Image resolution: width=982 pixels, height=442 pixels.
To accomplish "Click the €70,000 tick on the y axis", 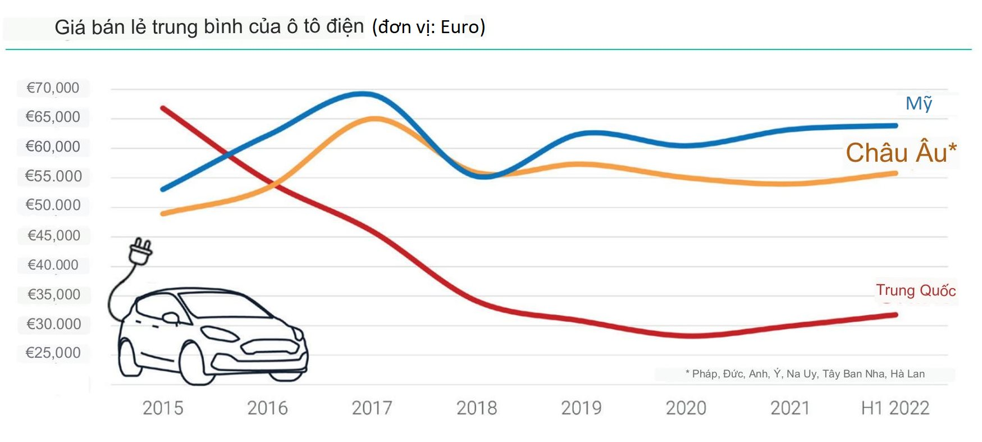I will coord(53,88).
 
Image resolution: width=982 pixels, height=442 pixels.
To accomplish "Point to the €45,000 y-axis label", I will coord(54,235).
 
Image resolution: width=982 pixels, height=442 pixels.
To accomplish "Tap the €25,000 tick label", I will coord(53,353).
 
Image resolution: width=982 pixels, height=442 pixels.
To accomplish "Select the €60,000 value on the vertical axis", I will coord(53,147).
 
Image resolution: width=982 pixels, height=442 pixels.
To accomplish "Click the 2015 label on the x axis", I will coord(163,408).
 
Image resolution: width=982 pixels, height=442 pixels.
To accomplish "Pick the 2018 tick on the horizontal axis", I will coord(477,408).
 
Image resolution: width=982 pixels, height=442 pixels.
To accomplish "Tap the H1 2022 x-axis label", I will coord(895,408).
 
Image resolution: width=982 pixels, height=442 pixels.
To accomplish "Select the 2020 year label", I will coord(686,408).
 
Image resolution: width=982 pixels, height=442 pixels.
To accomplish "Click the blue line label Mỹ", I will coord(919,103).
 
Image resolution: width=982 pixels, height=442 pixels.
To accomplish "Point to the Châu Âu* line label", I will coord(901,153).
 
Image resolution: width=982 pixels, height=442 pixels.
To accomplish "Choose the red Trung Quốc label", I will coord(916,290).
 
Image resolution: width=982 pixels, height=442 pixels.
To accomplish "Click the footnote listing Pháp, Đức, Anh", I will coord(805,374).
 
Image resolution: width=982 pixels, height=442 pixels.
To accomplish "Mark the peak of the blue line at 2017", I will coord(364,94).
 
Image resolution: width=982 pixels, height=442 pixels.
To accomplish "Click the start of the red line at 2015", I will coord(163,108).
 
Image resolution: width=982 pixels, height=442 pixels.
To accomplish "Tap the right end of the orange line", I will coord(896,174).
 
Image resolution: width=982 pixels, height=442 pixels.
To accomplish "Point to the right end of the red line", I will coord(896,315).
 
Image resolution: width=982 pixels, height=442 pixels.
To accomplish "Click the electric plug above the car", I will coord(140,251).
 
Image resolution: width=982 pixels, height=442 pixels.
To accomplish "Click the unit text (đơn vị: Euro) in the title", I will coord(428,27).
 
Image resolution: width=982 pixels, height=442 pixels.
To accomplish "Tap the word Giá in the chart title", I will coord(70,27).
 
